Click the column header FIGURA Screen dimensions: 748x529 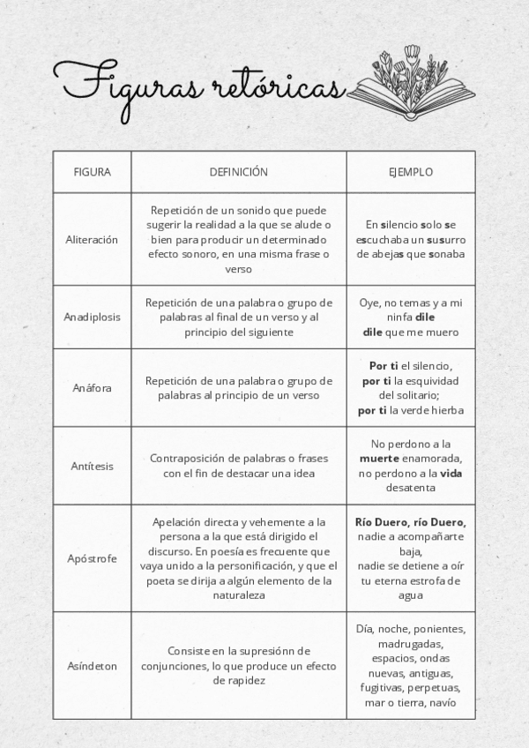92,172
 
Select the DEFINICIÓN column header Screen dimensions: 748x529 238,172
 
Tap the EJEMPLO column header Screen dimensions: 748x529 411,172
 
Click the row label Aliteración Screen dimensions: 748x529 92,240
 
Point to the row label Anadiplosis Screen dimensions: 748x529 92,317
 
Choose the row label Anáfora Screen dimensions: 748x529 92,388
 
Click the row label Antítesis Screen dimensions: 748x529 92,466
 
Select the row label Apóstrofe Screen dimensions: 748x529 92,558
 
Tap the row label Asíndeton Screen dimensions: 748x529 92,666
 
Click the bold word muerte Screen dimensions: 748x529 379,460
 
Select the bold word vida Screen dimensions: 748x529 451,474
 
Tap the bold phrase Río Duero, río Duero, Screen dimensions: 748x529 411,522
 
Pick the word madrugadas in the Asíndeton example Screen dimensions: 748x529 411,644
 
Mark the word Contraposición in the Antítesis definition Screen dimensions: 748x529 191,459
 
